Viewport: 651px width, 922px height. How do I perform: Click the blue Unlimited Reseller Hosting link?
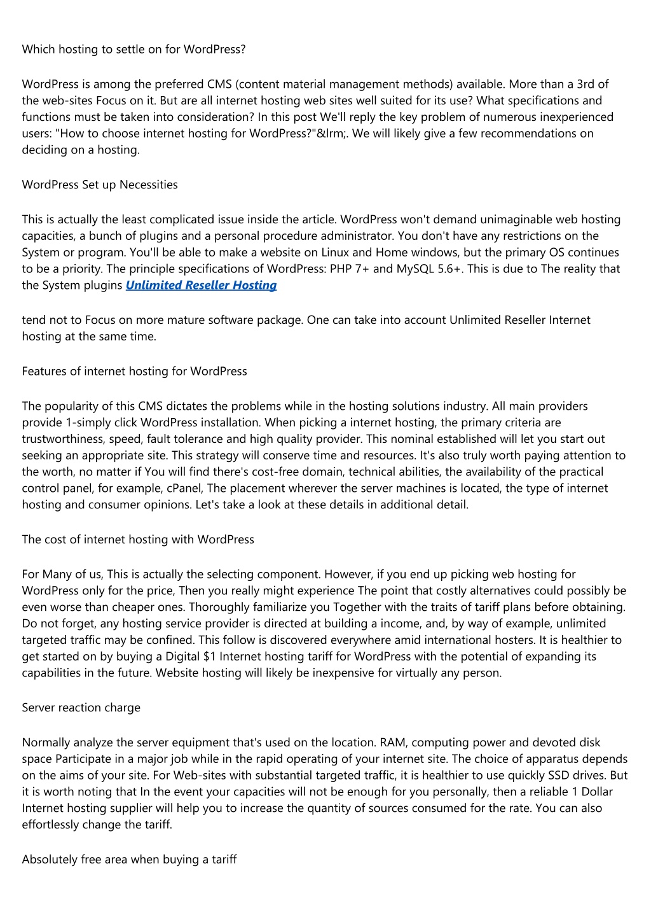pyautogui.click(x=201, y=285)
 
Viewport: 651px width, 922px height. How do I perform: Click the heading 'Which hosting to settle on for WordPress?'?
pyautogui.click(x=134, y=49)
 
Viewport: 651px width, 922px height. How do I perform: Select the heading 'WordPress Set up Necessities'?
pyautogui.click(x=100, y=185)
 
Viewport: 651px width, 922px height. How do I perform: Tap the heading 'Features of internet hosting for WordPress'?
pyautogui.click(x=134, y=371)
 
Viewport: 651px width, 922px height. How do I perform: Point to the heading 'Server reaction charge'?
pyautogui.click(x=81, y=708)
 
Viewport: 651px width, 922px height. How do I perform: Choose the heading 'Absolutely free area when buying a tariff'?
pyautogui.click(x=129, y=859)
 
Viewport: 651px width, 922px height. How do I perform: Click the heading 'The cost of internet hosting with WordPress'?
pyautogui.click(x=138, y=540)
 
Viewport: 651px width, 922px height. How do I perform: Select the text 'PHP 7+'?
pyautogui.click(x=350, y=269)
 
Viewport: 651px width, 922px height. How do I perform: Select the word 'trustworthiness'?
pyautogui.click(x=62, y=439)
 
